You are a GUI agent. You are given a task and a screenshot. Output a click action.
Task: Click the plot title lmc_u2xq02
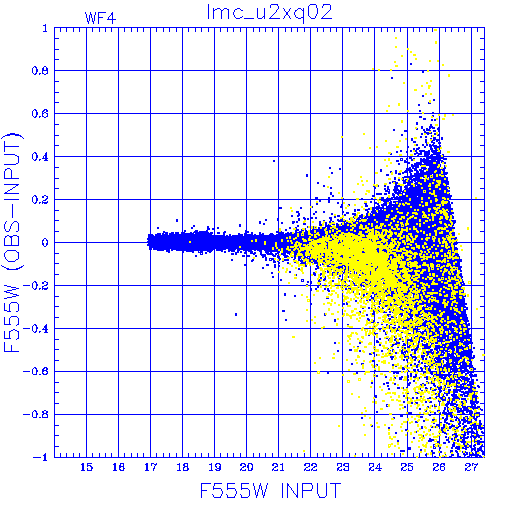pos(269,13)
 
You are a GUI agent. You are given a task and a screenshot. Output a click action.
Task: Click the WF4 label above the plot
pos(100,18)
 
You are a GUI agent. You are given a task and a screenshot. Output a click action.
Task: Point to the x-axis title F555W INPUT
pos(270,490)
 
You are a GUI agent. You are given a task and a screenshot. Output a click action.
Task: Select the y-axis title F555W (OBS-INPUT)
pos(12,242)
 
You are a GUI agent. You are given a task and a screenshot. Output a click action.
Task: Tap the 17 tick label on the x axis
pos(150,467)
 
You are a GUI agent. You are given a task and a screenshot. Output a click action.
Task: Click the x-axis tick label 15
pos(86,467)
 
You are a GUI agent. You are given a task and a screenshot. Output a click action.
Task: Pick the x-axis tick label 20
pos(246,467)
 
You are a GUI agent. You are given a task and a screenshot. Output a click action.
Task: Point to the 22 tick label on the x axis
pos(310,467)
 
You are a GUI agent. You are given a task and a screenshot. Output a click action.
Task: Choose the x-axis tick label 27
pos(471,467)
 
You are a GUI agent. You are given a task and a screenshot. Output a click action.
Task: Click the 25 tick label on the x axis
pos(407,467)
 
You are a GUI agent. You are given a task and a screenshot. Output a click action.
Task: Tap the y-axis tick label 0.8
pos(40,71)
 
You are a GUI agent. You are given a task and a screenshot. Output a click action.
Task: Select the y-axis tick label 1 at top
pos(45,28)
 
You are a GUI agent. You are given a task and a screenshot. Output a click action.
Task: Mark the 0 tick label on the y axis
pos(45,242)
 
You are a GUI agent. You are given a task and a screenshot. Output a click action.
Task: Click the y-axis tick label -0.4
pos(36,329)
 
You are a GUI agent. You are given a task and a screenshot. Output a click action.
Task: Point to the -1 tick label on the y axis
pos(41,457)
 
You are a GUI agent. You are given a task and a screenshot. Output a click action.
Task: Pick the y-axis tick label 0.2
pos(40,200)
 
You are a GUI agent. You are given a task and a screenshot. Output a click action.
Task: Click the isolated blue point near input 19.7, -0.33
pos(236,314)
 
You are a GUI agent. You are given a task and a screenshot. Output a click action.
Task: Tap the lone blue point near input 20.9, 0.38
pos(274,161)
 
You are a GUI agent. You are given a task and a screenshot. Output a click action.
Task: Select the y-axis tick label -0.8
pos(36,414)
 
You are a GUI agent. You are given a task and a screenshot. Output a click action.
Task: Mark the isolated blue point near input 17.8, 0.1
pos(177,220)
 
